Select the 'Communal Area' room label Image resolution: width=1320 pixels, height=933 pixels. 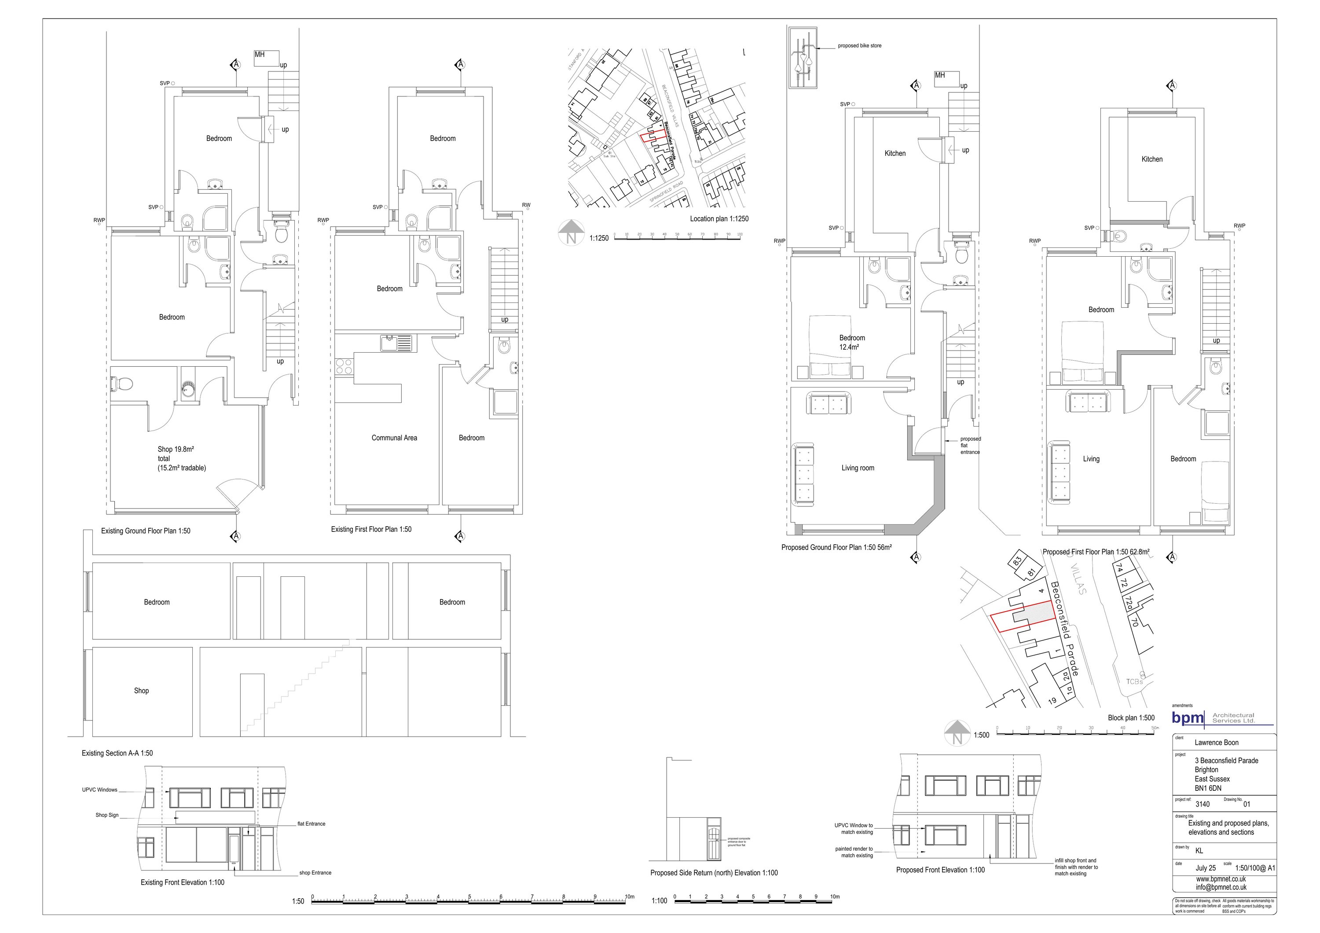394,438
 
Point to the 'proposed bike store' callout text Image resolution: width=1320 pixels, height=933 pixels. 859,45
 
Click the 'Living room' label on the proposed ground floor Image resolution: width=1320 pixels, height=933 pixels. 857,468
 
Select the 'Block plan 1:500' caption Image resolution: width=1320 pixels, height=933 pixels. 1131,718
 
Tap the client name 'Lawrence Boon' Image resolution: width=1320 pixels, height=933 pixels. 1217,743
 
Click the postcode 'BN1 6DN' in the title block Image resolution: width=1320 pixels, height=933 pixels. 1208,788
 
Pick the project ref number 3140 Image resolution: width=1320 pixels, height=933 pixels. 1202,804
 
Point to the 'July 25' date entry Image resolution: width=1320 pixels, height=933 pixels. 1206,868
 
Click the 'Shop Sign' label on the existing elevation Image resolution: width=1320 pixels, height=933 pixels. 107,815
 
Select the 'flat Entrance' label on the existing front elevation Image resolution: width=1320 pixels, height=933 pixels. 311,824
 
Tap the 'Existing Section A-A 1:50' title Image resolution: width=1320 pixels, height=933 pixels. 117,753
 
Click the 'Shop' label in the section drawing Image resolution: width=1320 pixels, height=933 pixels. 141,691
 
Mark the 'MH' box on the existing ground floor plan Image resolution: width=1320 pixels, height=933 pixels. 260,55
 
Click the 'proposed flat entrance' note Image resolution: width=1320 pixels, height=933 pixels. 971,445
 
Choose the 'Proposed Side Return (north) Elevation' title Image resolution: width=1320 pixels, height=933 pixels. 714,873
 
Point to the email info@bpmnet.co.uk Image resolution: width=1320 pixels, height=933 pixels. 1221,887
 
